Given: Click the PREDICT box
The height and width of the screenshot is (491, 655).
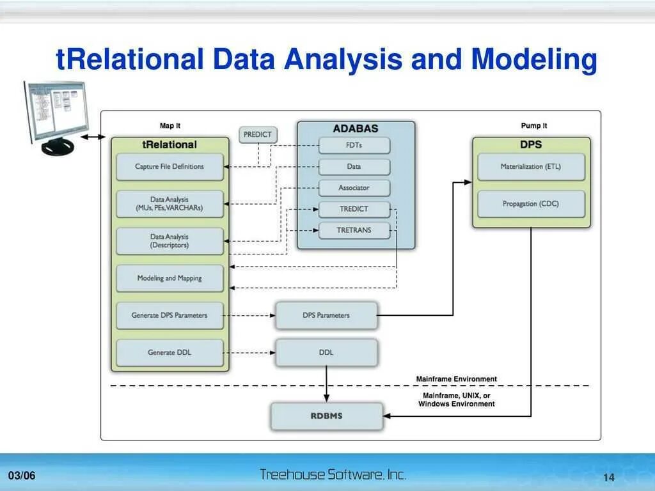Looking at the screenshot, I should [x=258, y=135].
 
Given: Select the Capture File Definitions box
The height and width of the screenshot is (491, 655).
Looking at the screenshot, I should [x=170, y=167].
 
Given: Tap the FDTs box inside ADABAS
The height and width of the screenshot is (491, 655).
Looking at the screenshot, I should [x=354, y=146].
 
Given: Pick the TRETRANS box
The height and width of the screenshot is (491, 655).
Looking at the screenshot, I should [x=354, y=230].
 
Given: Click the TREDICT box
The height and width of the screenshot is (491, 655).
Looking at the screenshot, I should [x=354, y=209].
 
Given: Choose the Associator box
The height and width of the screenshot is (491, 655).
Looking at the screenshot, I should [x=354, y=188].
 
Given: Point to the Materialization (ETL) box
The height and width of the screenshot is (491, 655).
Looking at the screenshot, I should [x=531, y=167].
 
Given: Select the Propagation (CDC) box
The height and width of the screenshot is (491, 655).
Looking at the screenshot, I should [x=531, y=204].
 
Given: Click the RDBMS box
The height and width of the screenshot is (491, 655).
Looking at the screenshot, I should [x=326, y=416].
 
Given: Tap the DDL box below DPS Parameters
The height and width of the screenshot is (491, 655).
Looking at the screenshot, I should [x=326, y=352].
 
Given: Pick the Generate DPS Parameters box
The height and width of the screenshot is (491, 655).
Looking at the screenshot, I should [x=170, y=315].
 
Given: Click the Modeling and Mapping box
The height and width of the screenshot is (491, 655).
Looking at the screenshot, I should [x=170, y=279].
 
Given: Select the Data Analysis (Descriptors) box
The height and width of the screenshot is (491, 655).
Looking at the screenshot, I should [x=170, y=241].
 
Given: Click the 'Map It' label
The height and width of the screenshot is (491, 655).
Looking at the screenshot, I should [x=170, y=126].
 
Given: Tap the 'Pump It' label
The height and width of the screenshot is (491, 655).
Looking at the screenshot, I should [x=534, y=126].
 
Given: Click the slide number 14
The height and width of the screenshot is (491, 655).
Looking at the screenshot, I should [x=608, y=478].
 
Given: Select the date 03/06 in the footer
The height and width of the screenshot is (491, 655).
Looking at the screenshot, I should [x=22, y=476].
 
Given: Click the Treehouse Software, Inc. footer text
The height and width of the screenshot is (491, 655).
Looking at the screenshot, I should [x=333, y=474].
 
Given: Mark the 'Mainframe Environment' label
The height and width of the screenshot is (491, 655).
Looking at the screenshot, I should [x=456, y=379].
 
